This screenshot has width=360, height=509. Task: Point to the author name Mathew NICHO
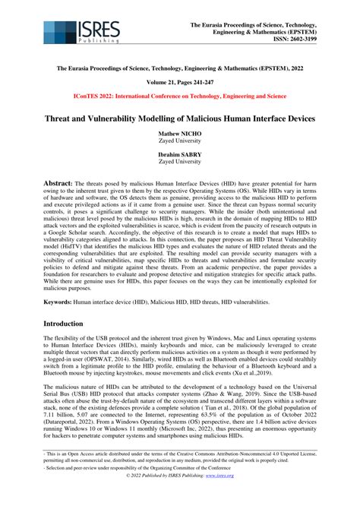coord(179,134)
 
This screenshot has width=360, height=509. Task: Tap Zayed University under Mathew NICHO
coord(179,142)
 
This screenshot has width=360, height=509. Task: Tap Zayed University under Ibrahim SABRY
coord(179,163)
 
